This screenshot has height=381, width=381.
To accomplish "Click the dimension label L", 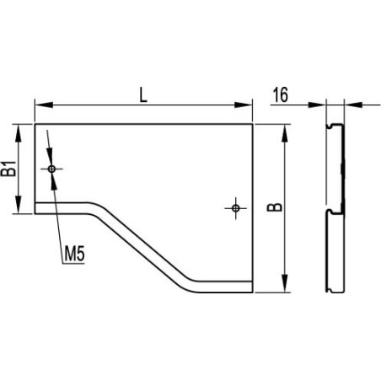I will click(x=143, y=95).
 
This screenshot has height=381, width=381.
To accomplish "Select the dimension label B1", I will click(x=9, y=168).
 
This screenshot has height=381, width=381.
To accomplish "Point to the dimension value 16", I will click(x=282, y=95).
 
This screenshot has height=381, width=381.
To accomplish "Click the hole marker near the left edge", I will click(x=52, y=169).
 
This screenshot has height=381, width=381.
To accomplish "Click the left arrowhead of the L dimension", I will click(x=40, y=105).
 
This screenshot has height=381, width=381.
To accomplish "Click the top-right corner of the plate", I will click(x=252, y=124).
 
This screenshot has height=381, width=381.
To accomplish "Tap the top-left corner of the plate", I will click(x=35, y=124).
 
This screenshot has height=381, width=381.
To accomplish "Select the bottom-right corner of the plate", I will click(x=252, y=292).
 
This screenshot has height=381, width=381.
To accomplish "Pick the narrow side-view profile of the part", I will click(x=335, y=207).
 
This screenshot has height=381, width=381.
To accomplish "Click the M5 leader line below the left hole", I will click(x=57, y=211).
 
